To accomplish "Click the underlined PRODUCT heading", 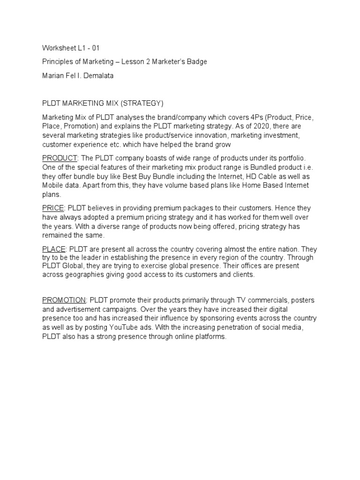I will tap(59, 158).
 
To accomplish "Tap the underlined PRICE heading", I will tap(52, 208).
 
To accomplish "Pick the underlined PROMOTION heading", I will tap(64, 300).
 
